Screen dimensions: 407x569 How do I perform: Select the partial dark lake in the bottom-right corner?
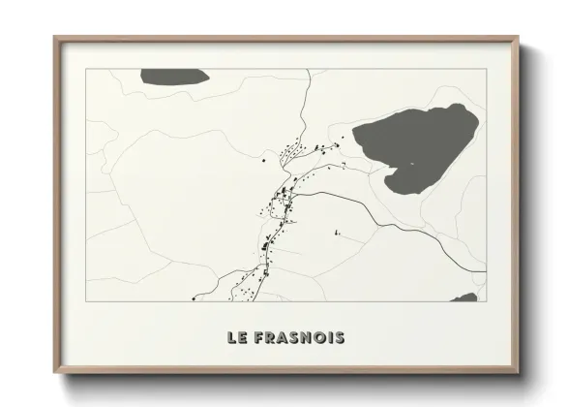(465, 297)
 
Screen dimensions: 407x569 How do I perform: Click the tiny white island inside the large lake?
(409, 164)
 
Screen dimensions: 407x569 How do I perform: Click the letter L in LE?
(232, 338)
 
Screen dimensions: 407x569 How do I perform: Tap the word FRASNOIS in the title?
(302, 338)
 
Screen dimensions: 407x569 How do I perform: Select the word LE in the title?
(239, 338)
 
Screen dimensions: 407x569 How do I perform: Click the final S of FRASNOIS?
(339, 338)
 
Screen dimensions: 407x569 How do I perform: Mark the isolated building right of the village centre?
(337, 232)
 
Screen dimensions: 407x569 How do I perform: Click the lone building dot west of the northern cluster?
(262, 160)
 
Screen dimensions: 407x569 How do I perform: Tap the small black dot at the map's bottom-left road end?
(195, 297)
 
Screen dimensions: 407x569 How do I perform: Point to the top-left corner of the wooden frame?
(55, 38)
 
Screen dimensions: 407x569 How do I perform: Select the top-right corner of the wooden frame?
(518, 38)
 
